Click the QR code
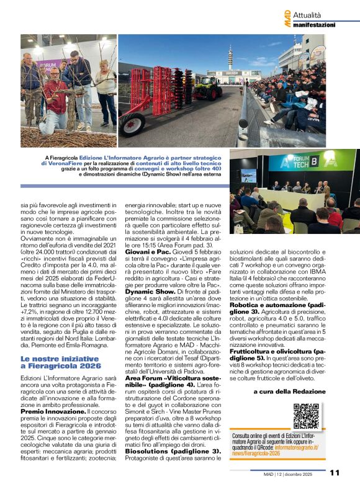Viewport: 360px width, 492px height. pos(306,416)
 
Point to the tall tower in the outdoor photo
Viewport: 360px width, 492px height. pos(230,61)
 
